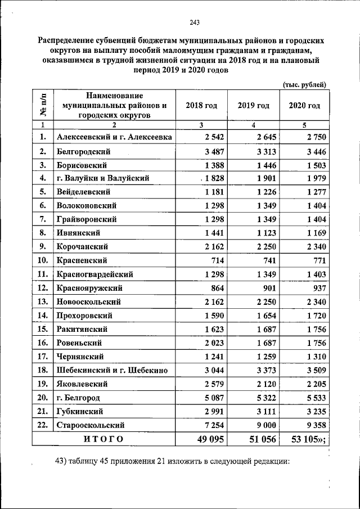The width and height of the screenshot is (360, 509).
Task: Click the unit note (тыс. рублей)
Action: (x=304, y=84)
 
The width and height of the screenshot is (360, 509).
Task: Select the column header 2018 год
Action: (x=201, y=105)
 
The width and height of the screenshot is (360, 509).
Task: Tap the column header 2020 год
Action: (x=304, y=105)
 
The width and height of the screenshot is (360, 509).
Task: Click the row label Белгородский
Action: (x=83, y=152)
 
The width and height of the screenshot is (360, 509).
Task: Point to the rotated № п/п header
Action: (x=43, y=105)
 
